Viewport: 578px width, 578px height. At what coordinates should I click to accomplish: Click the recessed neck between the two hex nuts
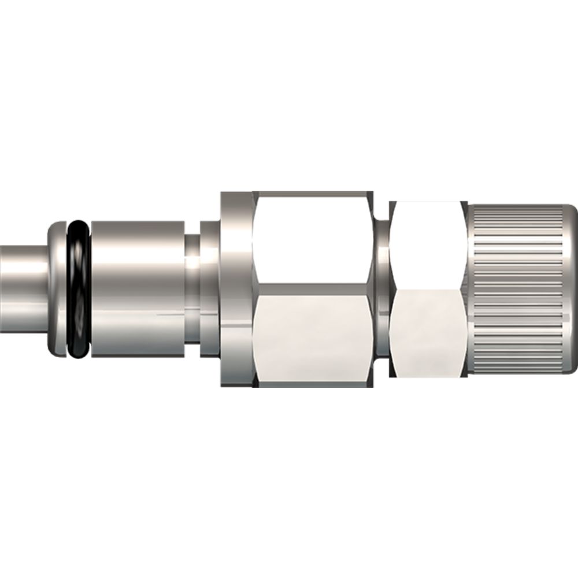point(382,289)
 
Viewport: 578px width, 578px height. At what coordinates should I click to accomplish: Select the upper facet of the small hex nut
point(428,243)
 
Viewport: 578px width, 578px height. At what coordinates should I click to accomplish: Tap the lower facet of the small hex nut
point(428,332)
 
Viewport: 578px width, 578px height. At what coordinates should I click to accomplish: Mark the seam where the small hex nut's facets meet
point(428,287)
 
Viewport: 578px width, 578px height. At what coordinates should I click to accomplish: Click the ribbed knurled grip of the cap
point(514,289)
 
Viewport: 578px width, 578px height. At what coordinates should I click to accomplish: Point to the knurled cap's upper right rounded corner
point(569,211)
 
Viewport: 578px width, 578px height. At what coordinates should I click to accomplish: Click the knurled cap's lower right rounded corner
point(569,368)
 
